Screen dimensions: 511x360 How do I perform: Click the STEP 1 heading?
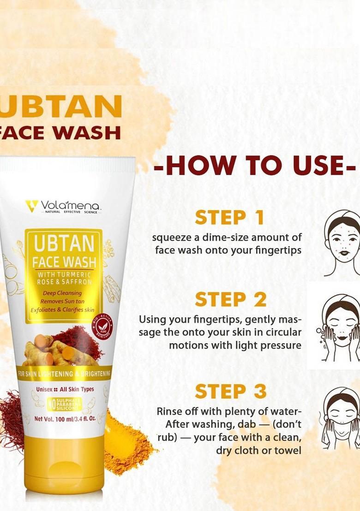tap(229, 217)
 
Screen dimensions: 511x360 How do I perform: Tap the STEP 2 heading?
tap(230, 300)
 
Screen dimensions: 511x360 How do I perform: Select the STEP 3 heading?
tap(230, 391)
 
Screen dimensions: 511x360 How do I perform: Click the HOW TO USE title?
tap(255, 166)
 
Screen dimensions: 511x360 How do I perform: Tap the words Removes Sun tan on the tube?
tap(62, 301)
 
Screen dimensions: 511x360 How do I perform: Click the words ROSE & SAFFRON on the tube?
tap(64, 281)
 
